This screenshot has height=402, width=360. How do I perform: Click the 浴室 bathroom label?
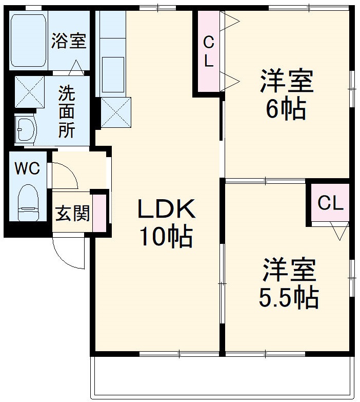coord(68,42)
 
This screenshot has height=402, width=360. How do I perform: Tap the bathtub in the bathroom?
coord(28,40)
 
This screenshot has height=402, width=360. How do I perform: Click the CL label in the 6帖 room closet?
coord(208,51)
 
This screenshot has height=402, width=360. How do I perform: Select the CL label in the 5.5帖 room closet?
coord(330,203)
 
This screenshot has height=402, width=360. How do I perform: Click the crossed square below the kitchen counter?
coord(115,111)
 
